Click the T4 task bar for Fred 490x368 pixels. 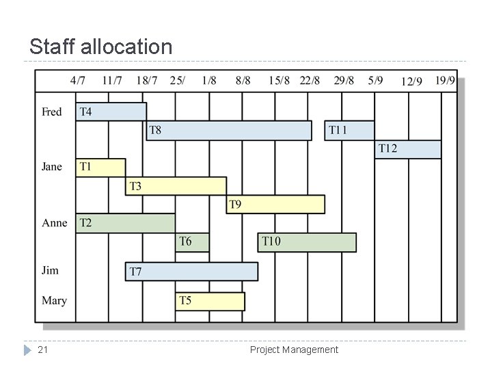point(111,111)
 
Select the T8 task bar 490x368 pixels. point(229,130)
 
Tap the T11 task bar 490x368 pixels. point(349,130)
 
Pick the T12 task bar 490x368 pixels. point(407,148)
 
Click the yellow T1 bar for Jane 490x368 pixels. point(100,167)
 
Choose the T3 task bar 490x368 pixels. point(176,185)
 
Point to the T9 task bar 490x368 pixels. point(275,204)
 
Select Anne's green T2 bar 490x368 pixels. point(125,223)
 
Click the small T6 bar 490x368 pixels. point(192,241)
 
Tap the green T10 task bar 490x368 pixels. point(307,241)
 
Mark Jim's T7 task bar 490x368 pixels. point(191,272)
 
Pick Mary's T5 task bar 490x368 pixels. point(210,301)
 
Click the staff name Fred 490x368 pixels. point(52,111)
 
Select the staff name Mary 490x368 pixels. point(54,300)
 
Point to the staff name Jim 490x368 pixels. point(50,270)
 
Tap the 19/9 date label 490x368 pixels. point(445,81)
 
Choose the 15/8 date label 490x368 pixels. point(279,81)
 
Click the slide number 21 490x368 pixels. point(42,350)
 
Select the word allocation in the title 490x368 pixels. point(126,47)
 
